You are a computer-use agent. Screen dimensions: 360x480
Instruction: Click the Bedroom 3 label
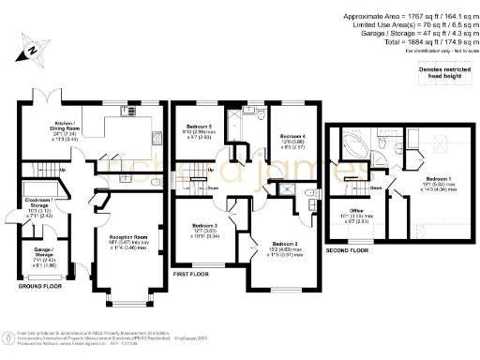[205, 230]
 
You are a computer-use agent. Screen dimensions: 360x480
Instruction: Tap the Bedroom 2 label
[284, 247]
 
